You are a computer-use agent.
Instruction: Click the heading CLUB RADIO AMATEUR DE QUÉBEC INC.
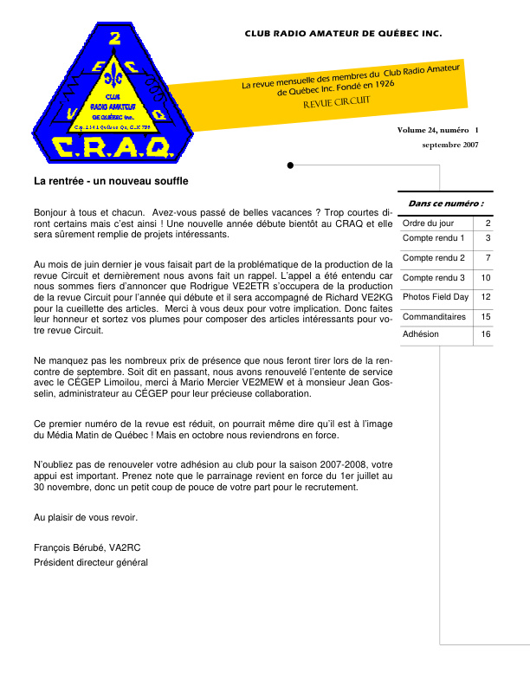coord(343,34)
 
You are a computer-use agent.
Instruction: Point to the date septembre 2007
coord(450,145)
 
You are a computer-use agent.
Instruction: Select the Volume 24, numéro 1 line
coord(438,130)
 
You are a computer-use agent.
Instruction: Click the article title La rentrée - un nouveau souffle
coord(111,182)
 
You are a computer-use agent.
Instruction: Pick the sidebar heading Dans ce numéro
coord(445,204)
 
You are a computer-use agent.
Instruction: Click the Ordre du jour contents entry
coord(428,223)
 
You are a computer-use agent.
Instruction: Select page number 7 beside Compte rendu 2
coord(488,257)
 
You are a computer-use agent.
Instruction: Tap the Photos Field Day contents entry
coord(436,297)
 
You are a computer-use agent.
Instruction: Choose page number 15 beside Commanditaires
coord(486,317)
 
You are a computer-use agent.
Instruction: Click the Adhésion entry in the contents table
coord(421,334)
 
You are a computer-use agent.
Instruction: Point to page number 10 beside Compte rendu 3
coord(486,277)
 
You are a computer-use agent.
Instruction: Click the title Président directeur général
coord(91,562)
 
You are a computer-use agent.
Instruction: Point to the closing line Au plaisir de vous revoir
coord(85,517)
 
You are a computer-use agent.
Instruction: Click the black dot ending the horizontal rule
coord(290,165)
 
